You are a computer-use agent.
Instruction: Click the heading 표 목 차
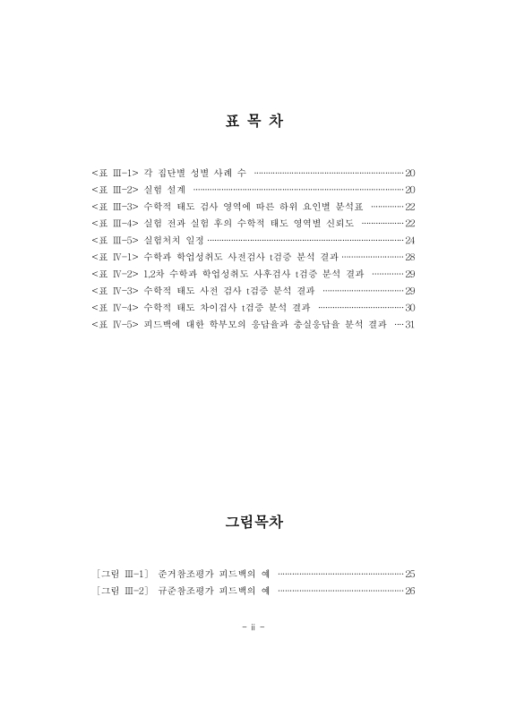[x=253, y=122]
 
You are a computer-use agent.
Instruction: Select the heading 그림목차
[x=253, y=521]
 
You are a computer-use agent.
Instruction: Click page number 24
[x=409, y=240]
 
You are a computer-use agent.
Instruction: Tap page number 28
[x=409, y=257]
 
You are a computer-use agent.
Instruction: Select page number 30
[x=409, y=307]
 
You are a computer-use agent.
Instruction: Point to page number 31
[x=409, y=324]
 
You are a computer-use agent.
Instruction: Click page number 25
[x=409, y=573]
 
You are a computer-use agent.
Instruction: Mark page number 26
[x=409, y=591]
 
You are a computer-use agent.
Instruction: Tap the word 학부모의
[x=244, y=324]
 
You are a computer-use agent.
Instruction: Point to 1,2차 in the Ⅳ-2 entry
[x=154, y=274]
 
